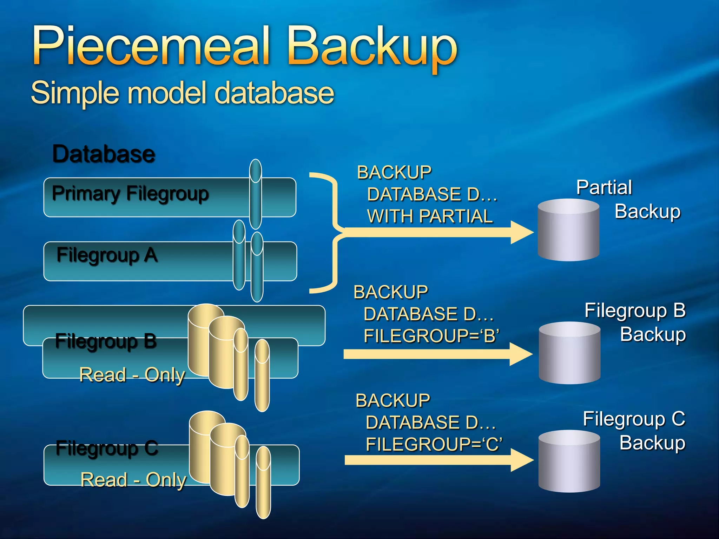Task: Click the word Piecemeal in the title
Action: pos(151,46)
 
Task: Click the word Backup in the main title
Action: pos(372,47)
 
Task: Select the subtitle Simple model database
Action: pos(183,93)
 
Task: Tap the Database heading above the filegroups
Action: pos(104,154)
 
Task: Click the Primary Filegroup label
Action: pos(130,194)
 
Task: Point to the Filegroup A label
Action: pos(107,255)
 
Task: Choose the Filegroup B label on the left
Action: pos(106,341)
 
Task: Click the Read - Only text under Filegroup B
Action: pos(132,375)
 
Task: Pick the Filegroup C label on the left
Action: pos(107,448)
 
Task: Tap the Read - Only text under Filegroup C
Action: pos(133,480)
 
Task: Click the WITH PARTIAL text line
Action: pos(430,216)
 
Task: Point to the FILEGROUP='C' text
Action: pos(434,444)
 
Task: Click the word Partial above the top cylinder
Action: pos(604,187)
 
